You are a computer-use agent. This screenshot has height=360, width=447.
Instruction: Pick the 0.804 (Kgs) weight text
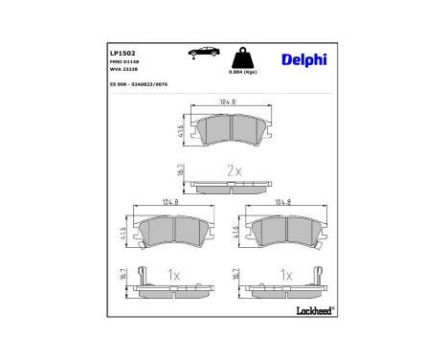[241, 73]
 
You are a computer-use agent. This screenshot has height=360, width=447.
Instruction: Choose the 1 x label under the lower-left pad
[172, 274]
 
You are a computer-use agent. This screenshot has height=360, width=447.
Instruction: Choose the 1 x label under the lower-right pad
[285, 274]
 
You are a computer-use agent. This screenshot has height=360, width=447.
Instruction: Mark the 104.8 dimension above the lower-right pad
[284, 203]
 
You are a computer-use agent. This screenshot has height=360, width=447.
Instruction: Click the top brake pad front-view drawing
[230, 131]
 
